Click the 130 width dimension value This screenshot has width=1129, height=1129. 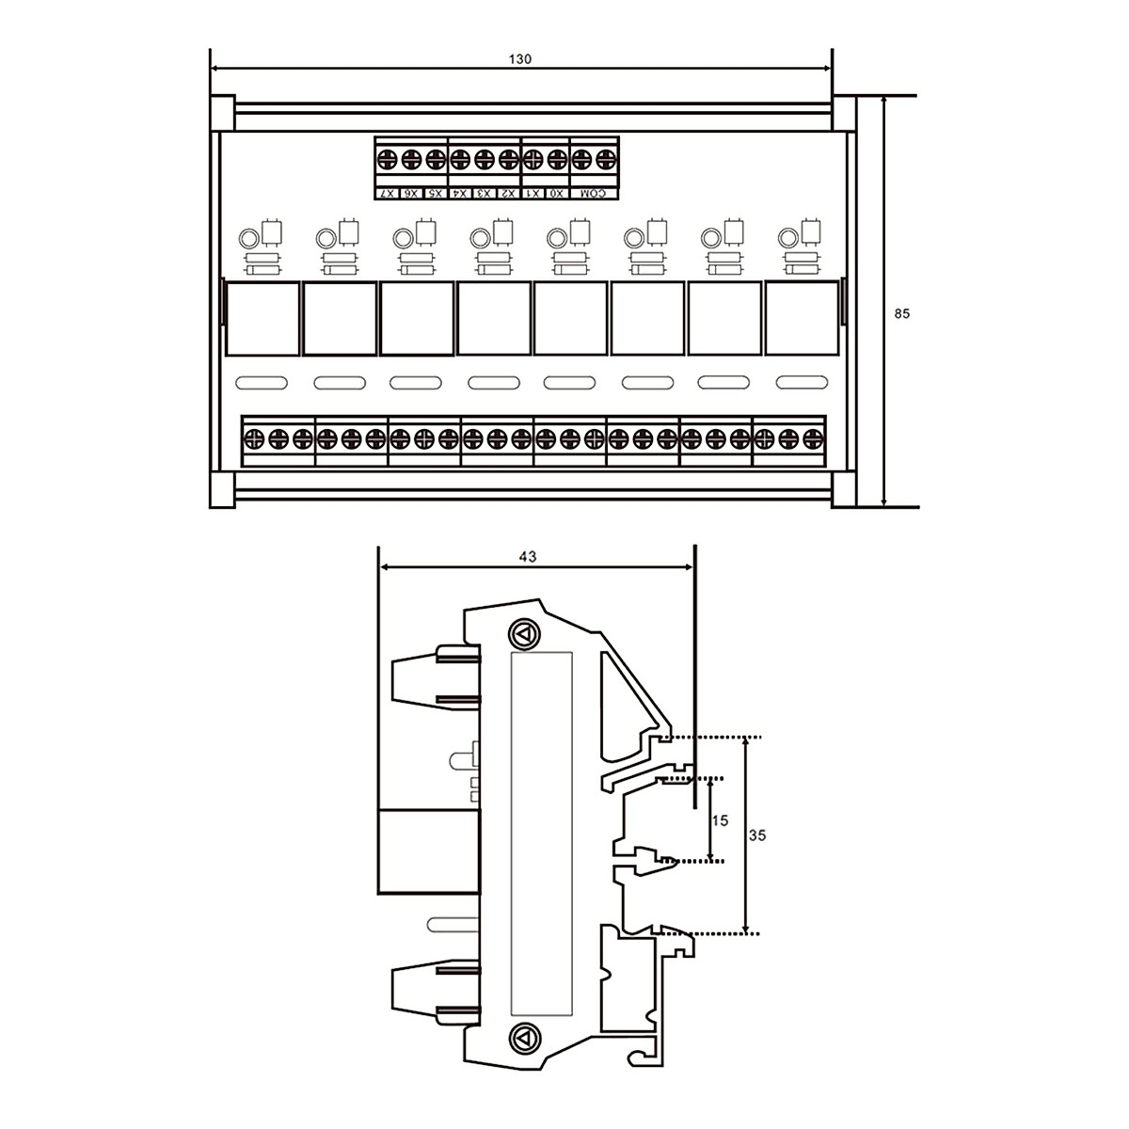click(x=519, y=59)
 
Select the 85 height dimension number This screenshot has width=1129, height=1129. click(x=901, y=314)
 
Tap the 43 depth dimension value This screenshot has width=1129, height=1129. click(x=527, y=557)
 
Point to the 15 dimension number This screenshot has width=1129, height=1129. click(x=720, y=820)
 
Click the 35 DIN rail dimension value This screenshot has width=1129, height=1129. click(x=757, y=835)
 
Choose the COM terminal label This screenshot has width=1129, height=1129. click(x=594, y=194)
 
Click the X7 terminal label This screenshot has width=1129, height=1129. click(x=388, y=194)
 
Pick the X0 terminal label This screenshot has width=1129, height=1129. click(x=557, y=194)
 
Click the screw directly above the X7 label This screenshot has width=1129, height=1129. click(x=388, y=159)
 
